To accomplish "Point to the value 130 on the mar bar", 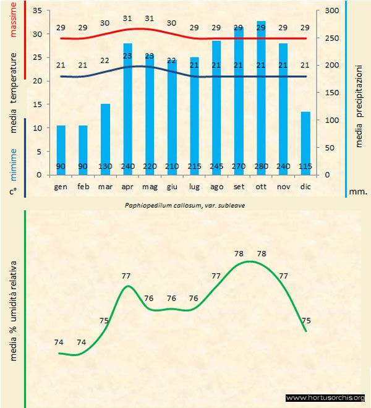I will click(105, 166).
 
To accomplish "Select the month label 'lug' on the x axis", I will click(194, 185).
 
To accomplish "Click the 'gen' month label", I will click(61, 185).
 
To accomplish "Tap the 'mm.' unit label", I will click(359, 192).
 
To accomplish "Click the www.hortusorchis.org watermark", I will click(326, 397).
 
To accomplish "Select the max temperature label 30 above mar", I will click(105, 23).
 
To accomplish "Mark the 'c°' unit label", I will click(12, 192).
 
